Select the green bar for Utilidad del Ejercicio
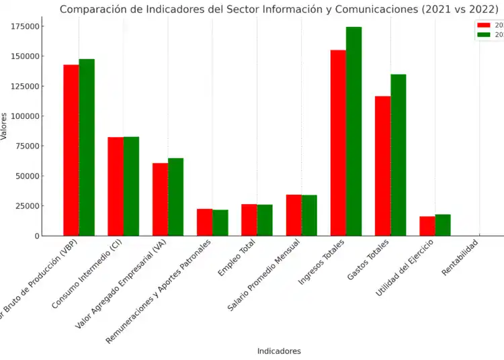(x=443, y=225)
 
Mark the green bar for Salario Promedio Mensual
(x=309, y=215)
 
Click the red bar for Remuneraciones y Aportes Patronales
(x=204, y=222)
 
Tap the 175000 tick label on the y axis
(x=23, y=26)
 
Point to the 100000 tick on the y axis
(x=23, y=116)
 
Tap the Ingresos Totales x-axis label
(x=323, y=262)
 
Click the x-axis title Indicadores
(x=279, y=351)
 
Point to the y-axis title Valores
(x=5, y=126)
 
